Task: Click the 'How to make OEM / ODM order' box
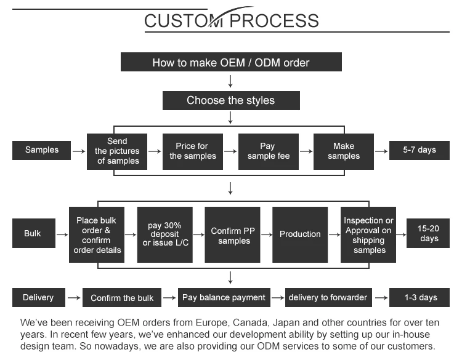point(231,62)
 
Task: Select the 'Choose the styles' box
point(231,100)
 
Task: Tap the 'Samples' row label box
point(42,150)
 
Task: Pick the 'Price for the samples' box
point(193,151)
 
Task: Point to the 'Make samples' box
point(344,151)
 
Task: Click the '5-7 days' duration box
point(419,150)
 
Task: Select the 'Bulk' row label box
point(33,234)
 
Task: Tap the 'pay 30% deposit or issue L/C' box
point(164,234)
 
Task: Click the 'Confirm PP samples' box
point(232,234)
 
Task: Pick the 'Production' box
point(300,234)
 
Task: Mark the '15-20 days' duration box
point(429,234)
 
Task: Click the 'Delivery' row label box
point(38,298)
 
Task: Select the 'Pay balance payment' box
point(224,298)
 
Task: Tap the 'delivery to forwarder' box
point(328,298)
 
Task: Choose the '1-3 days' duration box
point(421,298)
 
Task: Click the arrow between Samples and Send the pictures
point(79,151)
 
